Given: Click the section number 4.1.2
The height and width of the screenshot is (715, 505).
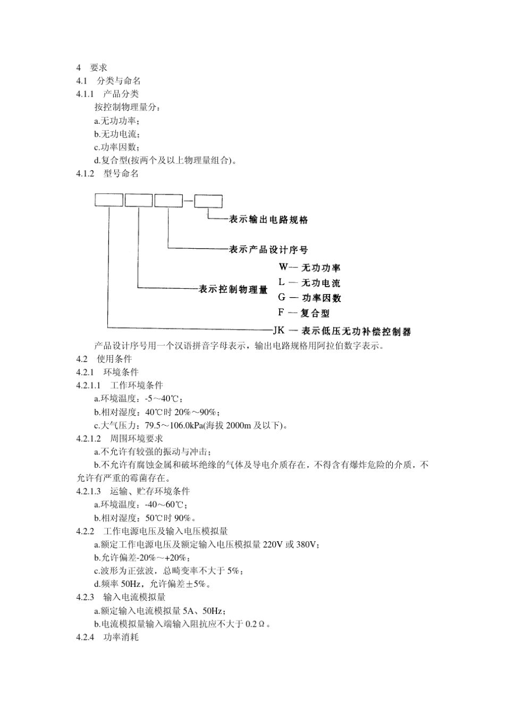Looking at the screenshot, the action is pos(85,173).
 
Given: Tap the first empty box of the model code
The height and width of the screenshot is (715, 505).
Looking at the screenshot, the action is pos(108,200).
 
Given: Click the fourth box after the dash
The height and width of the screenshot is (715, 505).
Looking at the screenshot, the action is pos(208,200).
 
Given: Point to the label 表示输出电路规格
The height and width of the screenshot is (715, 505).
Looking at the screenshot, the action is pos(268,220).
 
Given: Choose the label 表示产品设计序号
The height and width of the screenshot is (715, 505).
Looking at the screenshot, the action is pos(268,249).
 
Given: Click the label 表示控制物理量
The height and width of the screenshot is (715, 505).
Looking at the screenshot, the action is pos(233,290).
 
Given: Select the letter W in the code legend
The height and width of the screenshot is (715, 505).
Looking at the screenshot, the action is pos(282,267).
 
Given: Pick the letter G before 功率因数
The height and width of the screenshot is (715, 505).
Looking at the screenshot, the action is pos(282,297).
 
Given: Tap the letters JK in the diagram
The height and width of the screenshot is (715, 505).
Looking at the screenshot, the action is pos(279,331).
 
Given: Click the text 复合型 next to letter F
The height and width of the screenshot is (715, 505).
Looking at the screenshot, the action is pos(315,313).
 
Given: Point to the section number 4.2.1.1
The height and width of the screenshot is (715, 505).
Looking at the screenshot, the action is pos(88,385).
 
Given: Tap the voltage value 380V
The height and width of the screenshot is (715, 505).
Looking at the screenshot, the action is pos(307,544).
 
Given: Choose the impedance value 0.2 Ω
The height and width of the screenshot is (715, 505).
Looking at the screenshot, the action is pos(255,624).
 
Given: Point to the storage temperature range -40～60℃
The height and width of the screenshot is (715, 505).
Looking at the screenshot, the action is pos(161,504).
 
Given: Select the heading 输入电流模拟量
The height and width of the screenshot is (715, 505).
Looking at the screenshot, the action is pos(134,597).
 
